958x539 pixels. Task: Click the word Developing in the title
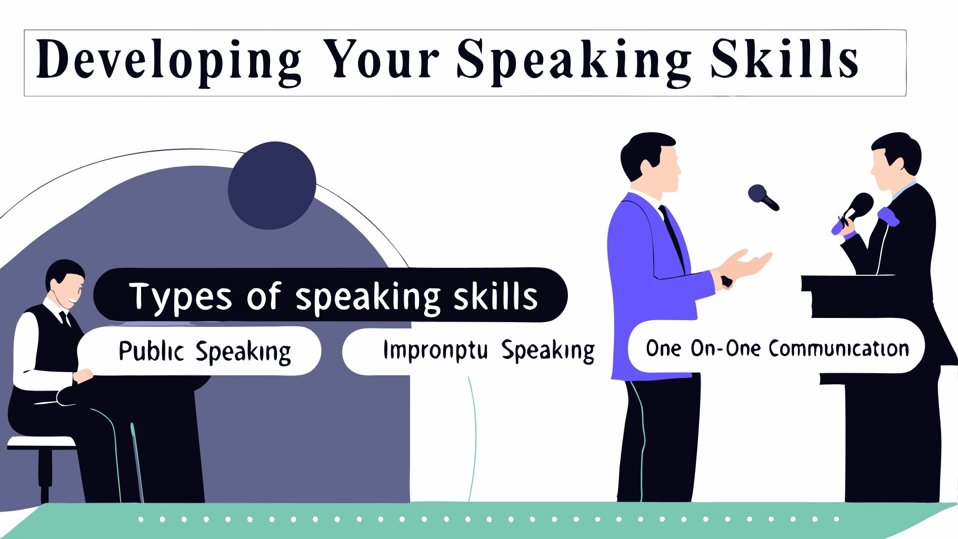click(169, 62)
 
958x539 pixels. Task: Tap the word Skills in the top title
click(784, 58)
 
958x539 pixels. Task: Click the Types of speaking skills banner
click(330, 295)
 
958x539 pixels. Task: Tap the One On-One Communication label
click(777, 348)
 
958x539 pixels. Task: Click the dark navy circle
click(272, 185)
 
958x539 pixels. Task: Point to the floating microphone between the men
click(763, 197)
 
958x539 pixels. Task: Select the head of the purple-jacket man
click(651, 161)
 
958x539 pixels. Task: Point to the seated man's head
click(65, 282)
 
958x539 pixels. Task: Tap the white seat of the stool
click(41, 443)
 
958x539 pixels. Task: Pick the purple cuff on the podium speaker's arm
click(888, 216)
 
